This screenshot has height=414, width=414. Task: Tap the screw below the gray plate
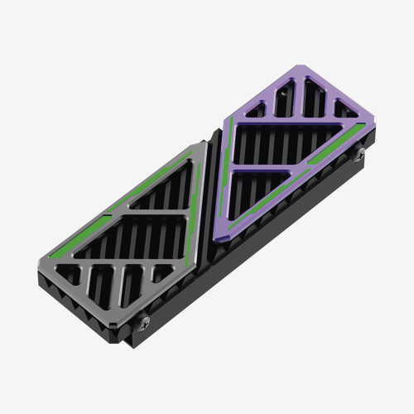coord(147,321)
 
